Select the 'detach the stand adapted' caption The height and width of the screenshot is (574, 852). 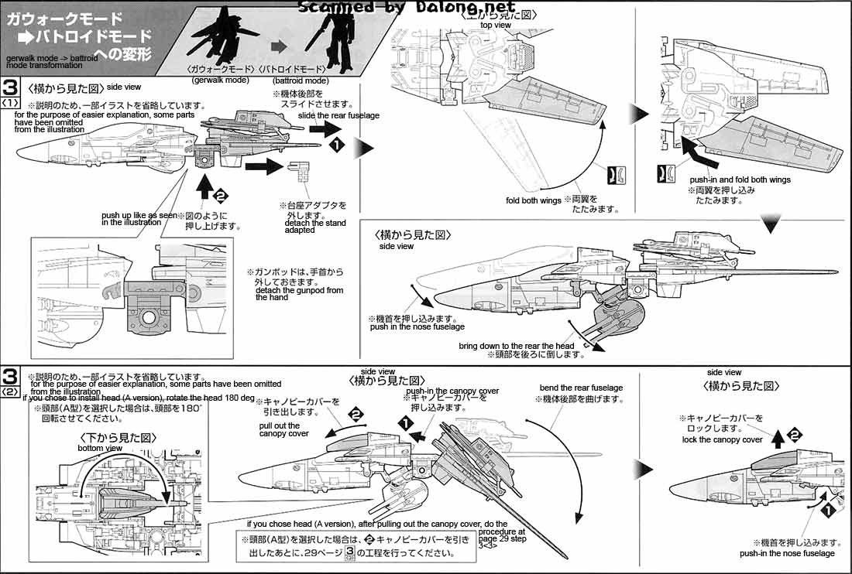pyautogui.click(x=311, y=226)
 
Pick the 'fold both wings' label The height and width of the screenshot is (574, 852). pyautogui.click(x=534, y=200)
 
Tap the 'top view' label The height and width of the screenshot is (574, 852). pyautogui.click(x=496, y=26)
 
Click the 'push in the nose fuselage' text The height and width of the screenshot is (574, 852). pyautogui.click(x=411, y=327)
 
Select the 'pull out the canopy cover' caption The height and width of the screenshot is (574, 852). pyautogui.click(x=283, y=429)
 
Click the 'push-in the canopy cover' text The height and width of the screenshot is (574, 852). pyautogui.click(x=452, y=391)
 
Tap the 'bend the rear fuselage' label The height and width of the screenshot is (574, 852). pyautogui.click(x=581, y=388)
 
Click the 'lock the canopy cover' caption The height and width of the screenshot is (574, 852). pyautogui.click(x=722, y=439)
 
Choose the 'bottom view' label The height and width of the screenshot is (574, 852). pyautogui.click(x=100, y=449)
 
